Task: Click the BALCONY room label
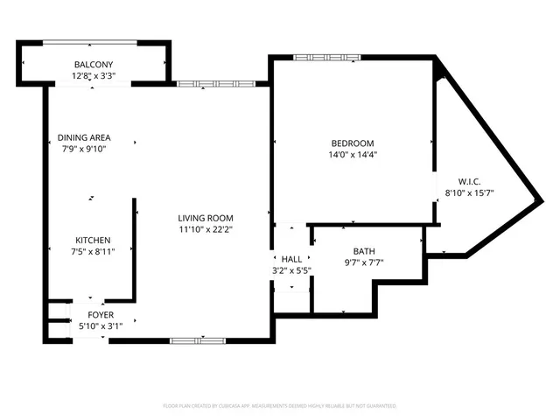coord(93,66)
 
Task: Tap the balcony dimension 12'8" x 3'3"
coord(93,77)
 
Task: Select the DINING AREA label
coord(85,138)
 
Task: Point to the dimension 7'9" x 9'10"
coord(85,150)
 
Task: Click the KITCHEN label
coord(92,241)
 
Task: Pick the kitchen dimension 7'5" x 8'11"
coord(92,252)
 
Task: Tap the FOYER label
coord(100,315)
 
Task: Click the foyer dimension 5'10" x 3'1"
coord(100,326)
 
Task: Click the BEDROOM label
coord(352,143)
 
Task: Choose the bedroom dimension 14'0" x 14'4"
coord(352,155)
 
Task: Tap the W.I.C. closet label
coord(470,182)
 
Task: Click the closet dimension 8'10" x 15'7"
coord(470,193)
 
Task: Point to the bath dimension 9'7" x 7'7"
coord(364,262)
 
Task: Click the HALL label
coord(291,260)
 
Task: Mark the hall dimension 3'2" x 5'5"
coord(291,270)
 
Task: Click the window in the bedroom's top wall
coord(314,58)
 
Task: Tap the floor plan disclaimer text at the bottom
coord(280,406)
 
